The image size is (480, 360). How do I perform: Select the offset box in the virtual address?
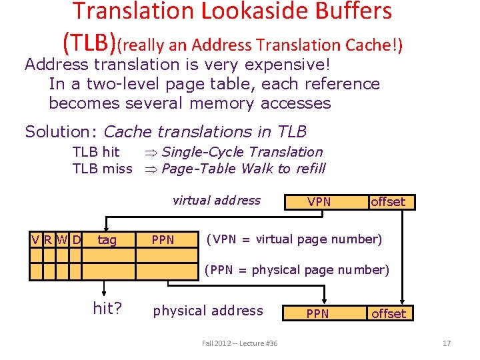(x=388, y=201)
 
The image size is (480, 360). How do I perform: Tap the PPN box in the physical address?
(x=317, y=313)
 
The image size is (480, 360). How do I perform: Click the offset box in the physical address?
(x=388, y=313)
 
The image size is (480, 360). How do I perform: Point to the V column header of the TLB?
(x=35, y=239)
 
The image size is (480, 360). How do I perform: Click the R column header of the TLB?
(x=49, y=239)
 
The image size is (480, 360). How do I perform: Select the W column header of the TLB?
(x=62, y=239)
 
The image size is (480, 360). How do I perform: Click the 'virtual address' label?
(x=217, y=200)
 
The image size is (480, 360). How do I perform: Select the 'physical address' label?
(x=208, y=311)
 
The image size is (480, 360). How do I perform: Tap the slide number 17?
(x=447, y=343)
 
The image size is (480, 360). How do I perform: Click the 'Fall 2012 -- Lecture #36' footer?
(x=240, y=343)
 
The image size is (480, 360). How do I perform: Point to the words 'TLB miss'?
(x=102, y=169)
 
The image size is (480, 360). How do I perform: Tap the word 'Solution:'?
(x=62, y=131)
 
